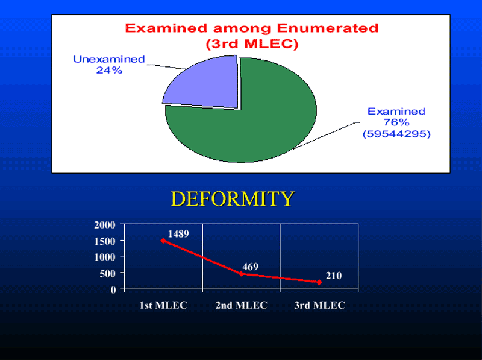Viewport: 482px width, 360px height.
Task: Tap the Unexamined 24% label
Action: pyautogui.click(x=109, y=65)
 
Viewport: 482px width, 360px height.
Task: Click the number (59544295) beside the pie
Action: pyautogui.click(x=396, y=134)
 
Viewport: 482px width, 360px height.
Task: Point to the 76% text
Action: pyautogui.click(x=396, y=122)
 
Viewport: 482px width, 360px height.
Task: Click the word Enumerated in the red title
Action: pyautogui.click(x=327, y=28)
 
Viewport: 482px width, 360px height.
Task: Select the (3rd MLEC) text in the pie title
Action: pyautogui.click(x=252, y=43)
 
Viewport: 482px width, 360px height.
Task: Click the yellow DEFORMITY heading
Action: pyautogui.click(x=233, y=198)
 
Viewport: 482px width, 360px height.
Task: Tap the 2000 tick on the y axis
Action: pyautogui.click(x=105, y=224)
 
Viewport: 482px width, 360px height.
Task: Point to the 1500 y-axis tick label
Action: pyautogui.click(x=105, y=241)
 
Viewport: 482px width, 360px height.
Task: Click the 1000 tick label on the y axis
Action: pyautogui.click(x=105, y=257)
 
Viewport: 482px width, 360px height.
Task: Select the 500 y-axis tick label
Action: pyautogui.click(x=108, y=273)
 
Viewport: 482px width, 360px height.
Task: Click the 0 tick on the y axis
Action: pyautogui.click(x=113, y=289)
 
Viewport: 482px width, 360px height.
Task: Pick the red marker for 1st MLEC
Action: pyautogui.click(x=163, y=241)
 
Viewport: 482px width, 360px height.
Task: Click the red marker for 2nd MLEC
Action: pyautogui.click(x=242, y=274)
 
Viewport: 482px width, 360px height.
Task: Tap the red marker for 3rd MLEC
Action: pyautogui.click(x=319, y=282)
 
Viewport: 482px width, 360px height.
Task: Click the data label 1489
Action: pyautogui.click(x=178, y=234)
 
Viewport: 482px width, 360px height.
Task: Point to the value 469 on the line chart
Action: pyautogui.click(x=250, y=267)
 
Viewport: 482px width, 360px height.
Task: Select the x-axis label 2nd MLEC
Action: pyautogui.click(x=242, y=305)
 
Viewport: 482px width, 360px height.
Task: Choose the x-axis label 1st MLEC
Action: pyautogui.click(x=163, y=305)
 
